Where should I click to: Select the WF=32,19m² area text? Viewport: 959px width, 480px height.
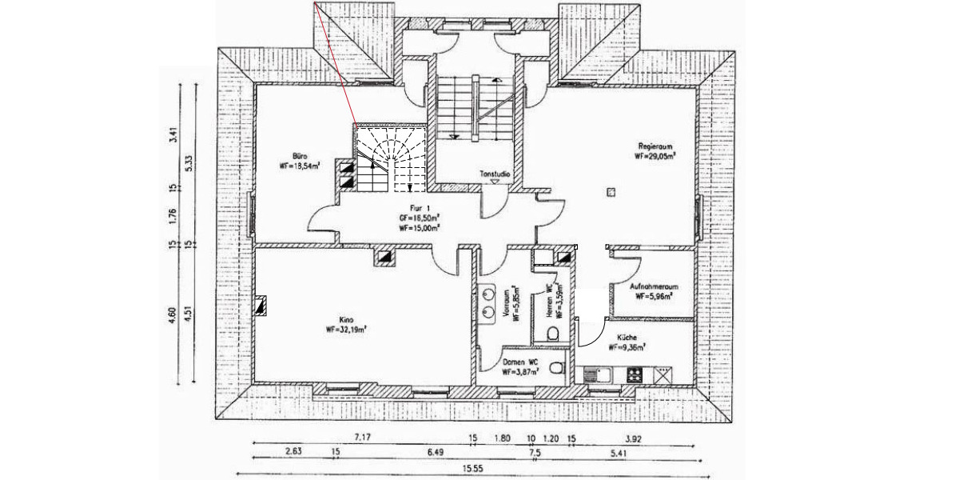tap(345, 329)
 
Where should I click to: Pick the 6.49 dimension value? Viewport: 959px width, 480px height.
tap(404, 453)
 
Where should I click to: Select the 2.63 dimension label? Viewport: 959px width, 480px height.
tap(293, 453)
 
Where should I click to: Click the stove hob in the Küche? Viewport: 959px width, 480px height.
tap(635, 374)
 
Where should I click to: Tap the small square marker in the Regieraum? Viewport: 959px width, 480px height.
tap(611, 191)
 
